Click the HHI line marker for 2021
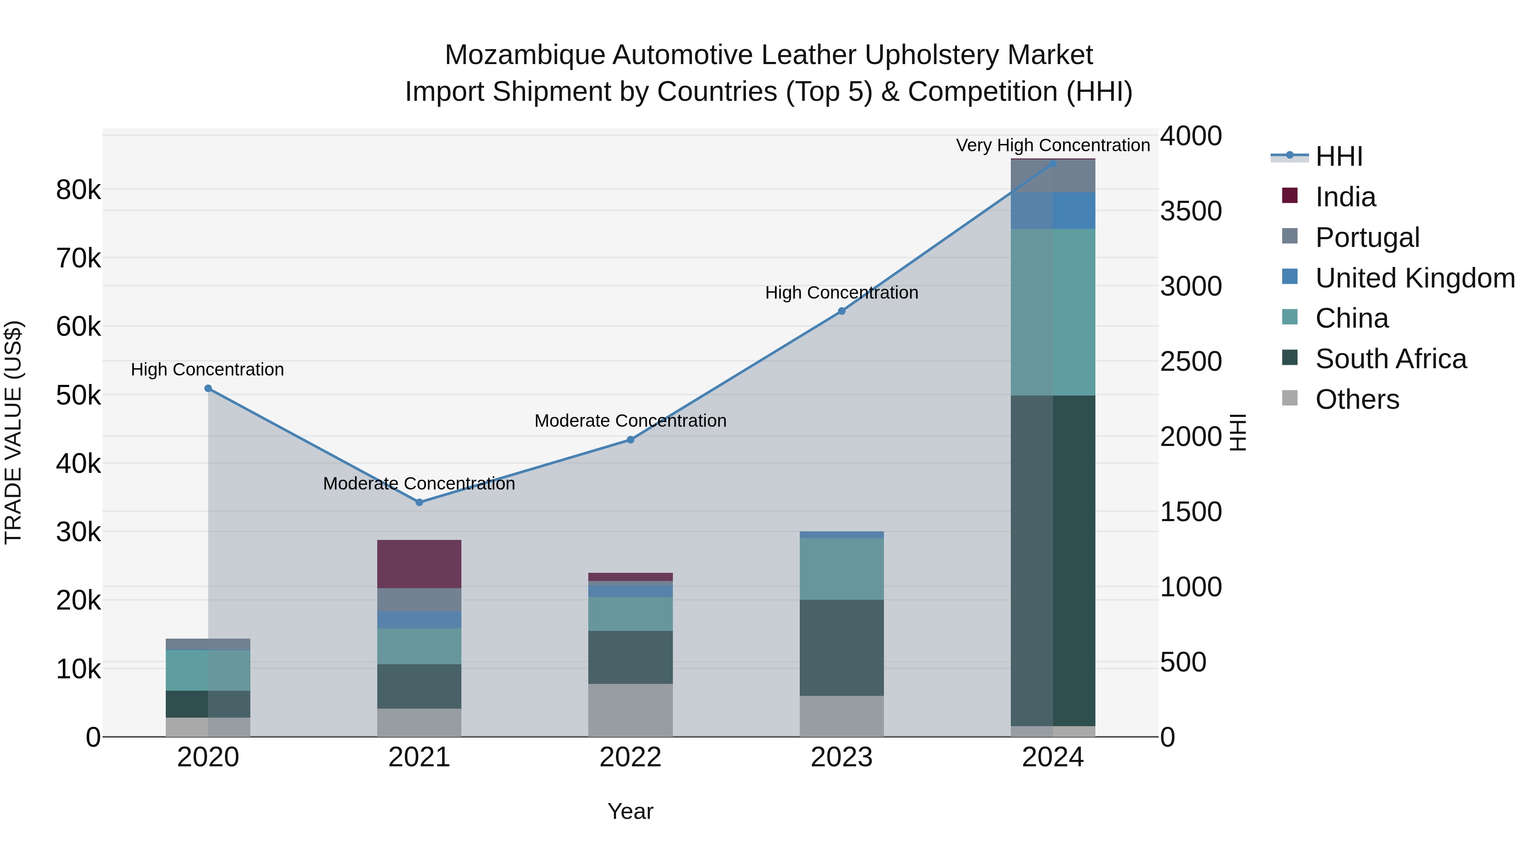(x=419, y=502)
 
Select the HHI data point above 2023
(x=841, y=311)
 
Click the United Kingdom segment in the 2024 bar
(x=1053, y=210)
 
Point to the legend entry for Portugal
(x=1367, y=238)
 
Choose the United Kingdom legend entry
(x=1415, y=278)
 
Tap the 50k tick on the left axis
(x=78, y=395)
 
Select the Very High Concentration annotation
(x=1053, y=145)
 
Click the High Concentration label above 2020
(x=207, y=369)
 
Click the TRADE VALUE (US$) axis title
(x=13, y=432)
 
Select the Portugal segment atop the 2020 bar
(x=208, y=644)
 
